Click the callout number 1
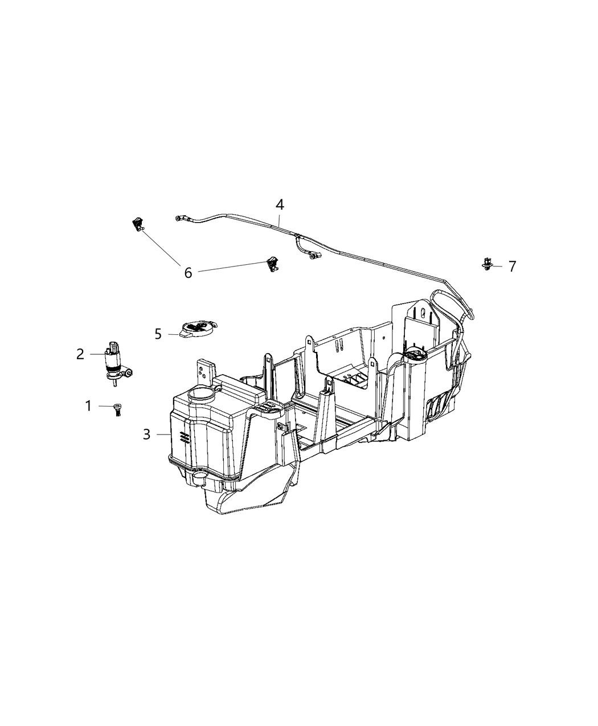tap(88, 406)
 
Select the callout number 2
tap(80, 354)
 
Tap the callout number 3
tap(147, 434)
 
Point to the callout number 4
tap(280, 205)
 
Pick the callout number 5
tap(158, 334)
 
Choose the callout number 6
tap(188, 273)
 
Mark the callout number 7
tap(512, 266)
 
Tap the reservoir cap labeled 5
tap(198, 329)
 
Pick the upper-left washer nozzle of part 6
tap(137, 224)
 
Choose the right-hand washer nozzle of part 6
tap(272, 264)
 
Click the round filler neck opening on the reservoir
tap(199, 392)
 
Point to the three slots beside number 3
tap(183, 437)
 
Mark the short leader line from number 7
tap(498, 266)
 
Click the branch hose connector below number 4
tap(312, 257)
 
